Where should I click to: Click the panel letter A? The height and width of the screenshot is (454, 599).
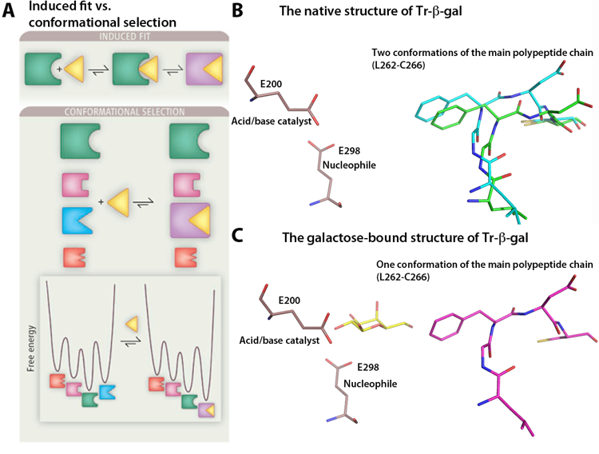(10, 13)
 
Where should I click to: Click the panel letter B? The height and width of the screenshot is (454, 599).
(238, 13)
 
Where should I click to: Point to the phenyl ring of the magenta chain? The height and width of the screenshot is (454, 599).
(445, 325)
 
